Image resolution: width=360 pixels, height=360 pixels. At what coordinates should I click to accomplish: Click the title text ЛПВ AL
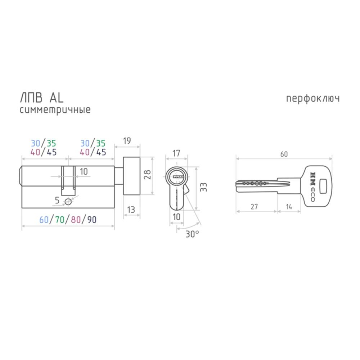click(x=42, y=98)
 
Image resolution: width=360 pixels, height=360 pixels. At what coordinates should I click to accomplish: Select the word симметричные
click(x=55, y=110)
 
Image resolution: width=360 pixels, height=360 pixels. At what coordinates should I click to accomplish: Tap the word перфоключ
click(x=313, y=99)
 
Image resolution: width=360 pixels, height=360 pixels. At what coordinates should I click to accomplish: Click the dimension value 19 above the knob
click(x=127, y=141)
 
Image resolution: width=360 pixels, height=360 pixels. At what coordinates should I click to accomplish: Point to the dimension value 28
click(x=147, y=175)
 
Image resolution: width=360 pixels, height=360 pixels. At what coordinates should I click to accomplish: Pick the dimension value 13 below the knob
click(x=131, y=210)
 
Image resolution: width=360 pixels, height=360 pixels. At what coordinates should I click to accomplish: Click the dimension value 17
click(x=176, y=153)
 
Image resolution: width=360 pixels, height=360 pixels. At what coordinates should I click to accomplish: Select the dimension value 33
click(x=203, y=187)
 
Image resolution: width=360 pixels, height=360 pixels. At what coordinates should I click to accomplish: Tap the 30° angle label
click(x=192, y=234)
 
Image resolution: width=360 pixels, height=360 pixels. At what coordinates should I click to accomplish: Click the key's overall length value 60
click(x=284, y=154)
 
